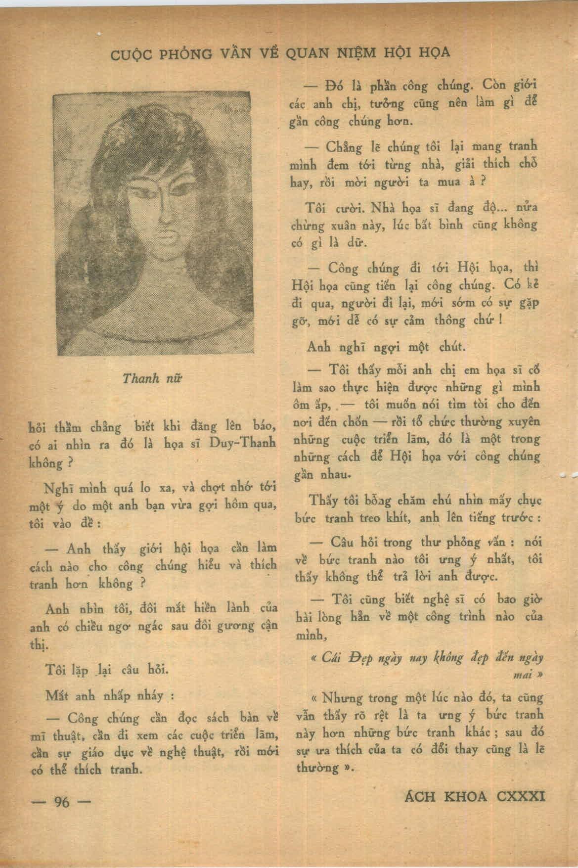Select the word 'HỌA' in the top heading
[436, 51]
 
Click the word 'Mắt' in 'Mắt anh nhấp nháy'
[55, 695]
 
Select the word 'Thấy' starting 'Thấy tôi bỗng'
[321, 500]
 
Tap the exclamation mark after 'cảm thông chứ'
[501, 320]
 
